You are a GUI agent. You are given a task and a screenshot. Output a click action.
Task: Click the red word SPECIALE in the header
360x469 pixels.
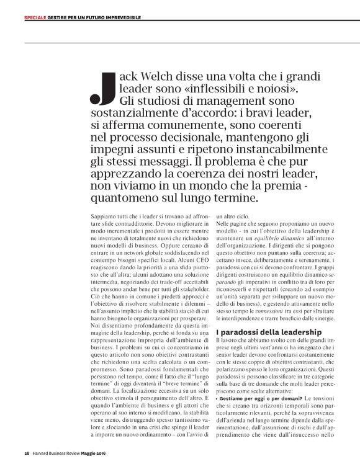pyautogui.click(x=34, y=18)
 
